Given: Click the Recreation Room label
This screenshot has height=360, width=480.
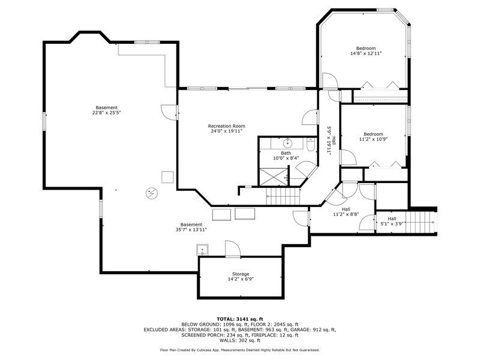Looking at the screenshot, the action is point(227,126).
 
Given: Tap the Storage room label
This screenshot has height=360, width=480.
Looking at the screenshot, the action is point(241,274).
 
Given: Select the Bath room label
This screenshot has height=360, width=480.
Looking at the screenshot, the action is point(286,153).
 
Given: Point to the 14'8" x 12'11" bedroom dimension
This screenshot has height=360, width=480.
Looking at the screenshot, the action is point(366,53).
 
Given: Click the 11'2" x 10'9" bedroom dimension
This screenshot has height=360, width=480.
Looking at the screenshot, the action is point(373,139).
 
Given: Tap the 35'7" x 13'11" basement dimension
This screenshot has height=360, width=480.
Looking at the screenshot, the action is point(191,230).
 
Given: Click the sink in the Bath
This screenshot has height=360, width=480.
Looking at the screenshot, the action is point(287,143).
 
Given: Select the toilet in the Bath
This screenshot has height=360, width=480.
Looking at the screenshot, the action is point(310,145).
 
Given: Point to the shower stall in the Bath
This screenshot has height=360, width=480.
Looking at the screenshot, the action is point(274,176).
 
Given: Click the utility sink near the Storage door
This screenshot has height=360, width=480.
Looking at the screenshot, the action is point(202,250).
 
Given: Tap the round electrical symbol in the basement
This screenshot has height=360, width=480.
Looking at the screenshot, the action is point(152,193).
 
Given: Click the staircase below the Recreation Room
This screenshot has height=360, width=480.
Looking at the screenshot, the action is point(283,196).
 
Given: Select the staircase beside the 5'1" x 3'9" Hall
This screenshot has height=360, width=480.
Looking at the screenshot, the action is point(421,222).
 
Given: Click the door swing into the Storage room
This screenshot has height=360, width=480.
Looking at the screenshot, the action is point(233,248).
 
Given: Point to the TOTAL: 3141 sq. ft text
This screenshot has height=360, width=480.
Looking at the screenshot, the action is point(239,319).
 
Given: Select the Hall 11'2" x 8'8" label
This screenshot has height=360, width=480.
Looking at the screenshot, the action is point(346,212).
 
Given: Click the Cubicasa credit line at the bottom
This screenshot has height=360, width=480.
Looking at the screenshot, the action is point(239,350).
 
